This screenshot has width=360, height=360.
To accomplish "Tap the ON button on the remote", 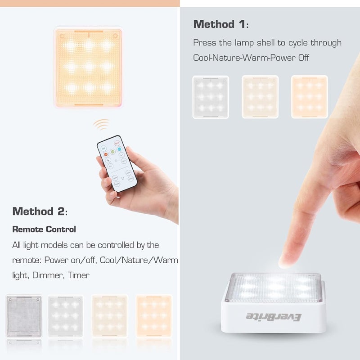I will click(x=104, y=148).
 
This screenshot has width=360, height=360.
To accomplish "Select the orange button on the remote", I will click(x=106, y=154).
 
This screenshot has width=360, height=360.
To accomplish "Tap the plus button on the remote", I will click(x=108, y=160).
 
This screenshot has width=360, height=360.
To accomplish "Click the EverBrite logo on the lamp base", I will click(x=274, y=317).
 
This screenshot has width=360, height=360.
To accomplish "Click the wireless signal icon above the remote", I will click(x=101, y=124).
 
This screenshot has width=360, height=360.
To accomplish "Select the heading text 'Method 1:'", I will click(x=220, y=24).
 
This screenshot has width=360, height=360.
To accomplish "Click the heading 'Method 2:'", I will click(x=40, y=211).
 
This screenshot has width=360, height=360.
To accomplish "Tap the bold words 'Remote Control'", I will click(x=44, y=229).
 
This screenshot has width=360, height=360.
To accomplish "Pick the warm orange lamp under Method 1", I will click(x=309, y=97).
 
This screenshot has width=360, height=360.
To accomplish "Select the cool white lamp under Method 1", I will click(x=211, y=97).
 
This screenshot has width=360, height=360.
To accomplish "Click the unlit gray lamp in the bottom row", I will click(x=24, y=316).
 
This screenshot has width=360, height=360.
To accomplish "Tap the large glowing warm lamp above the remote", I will click(x=89, y=67).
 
